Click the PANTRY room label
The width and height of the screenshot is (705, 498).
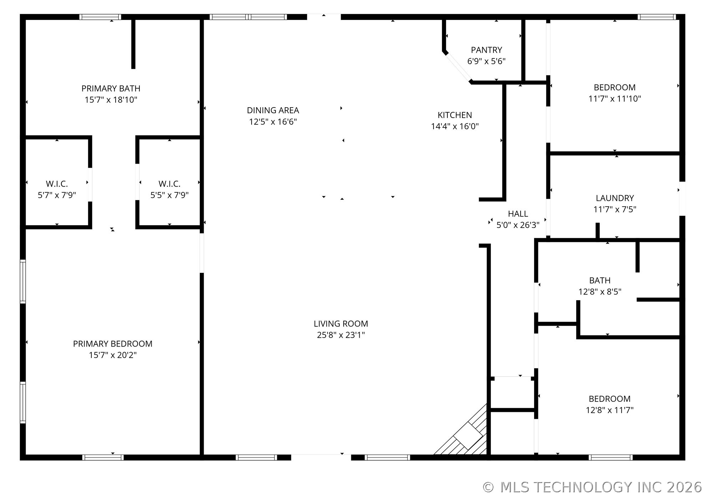486,50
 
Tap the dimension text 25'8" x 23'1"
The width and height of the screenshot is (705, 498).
340,335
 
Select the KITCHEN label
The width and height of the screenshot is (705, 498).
455,115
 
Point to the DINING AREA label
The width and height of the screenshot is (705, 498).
273,110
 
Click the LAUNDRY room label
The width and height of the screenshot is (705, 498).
614,198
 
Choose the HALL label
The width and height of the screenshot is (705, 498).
518,214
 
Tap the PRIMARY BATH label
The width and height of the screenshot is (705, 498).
111,88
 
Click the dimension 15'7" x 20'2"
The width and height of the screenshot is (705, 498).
112,355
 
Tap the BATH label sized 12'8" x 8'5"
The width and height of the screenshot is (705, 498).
599,280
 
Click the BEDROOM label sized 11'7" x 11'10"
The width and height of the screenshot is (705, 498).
614,87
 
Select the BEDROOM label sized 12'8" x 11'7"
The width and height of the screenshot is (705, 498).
609,399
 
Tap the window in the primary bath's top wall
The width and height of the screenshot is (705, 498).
100,17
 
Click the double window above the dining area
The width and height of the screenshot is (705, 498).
248,17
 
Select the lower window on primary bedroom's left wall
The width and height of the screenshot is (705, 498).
23,402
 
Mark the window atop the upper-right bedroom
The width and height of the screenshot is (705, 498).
656,17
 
